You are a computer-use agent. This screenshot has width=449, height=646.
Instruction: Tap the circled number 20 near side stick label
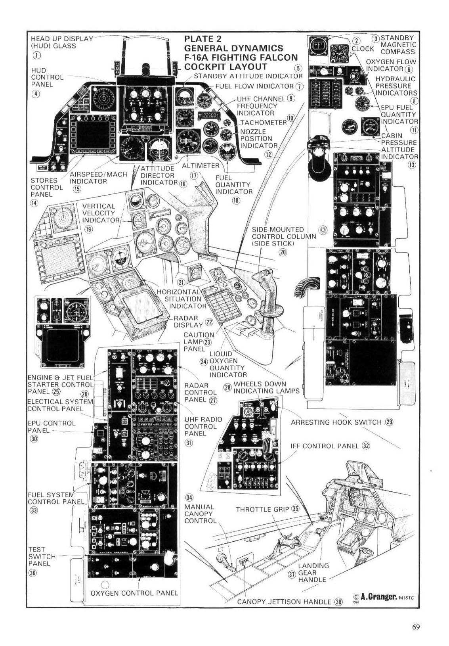283,253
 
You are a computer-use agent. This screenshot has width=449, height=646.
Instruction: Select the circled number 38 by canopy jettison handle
338,602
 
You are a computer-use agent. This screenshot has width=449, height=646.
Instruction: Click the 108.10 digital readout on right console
356,159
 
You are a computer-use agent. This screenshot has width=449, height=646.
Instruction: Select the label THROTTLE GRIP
262,510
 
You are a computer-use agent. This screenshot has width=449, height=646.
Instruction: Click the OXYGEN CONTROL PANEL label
134,593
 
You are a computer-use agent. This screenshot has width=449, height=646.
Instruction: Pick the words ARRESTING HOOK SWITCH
336,422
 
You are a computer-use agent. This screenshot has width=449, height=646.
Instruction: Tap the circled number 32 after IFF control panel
366,446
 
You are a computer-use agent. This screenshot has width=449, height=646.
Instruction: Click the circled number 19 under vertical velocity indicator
88,229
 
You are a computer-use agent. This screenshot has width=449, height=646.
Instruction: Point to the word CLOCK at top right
363,48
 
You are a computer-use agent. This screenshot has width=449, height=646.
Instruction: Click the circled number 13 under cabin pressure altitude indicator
412,164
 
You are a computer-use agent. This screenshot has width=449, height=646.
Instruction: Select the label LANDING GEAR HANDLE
313,573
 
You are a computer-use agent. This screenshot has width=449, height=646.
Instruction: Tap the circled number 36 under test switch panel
33,573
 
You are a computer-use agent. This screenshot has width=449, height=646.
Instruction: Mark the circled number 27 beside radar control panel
213,401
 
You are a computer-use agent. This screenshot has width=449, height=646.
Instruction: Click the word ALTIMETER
200,165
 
